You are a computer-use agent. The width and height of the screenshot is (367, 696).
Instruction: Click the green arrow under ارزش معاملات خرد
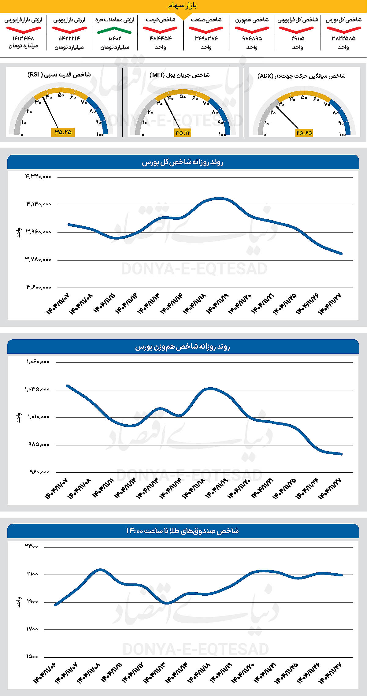[x=114, y=30]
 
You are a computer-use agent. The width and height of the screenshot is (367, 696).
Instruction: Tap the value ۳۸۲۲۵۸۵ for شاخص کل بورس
[x=343, y=39]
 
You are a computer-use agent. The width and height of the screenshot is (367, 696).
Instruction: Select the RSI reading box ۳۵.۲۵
[x=63, y=132]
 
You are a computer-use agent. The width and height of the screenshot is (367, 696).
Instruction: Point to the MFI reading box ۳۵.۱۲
[x=183, y=132]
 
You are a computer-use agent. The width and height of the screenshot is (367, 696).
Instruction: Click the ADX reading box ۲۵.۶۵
[x=304, y=133]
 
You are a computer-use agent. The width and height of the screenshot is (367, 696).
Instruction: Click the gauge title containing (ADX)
[x=302, y=76]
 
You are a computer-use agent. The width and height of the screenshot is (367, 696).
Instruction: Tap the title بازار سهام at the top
[x=183, y=6]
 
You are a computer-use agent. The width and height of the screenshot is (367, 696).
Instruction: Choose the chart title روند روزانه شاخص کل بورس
[x=183, y=162]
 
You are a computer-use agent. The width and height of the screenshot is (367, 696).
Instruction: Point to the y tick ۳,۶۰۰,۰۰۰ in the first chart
[x=39, y=287]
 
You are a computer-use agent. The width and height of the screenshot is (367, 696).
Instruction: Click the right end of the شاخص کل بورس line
[x=341, y=254]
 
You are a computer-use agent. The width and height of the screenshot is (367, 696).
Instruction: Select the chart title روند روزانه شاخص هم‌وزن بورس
[x=183, y=347]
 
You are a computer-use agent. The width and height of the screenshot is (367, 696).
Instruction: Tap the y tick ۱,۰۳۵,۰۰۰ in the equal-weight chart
[x=37, y=389]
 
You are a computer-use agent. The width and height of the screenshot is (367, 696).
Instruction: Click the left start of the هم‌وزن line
[x=67, y=385]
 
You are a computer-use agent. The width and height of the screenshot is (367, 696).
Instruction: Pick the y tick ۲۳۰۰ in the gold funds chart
[x=32, y=546]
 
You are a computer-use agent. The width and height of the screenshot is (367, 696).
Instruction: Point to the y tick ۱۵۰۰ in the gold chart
[x=32, y=657]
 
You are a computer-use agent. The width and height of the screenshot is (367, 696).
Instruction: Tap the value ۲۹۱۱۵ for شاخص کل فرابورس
[x=297, y=39]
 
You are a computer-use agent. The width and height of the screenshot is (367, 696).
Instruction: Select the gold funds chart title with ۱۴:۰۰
[x=183, y=531]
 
